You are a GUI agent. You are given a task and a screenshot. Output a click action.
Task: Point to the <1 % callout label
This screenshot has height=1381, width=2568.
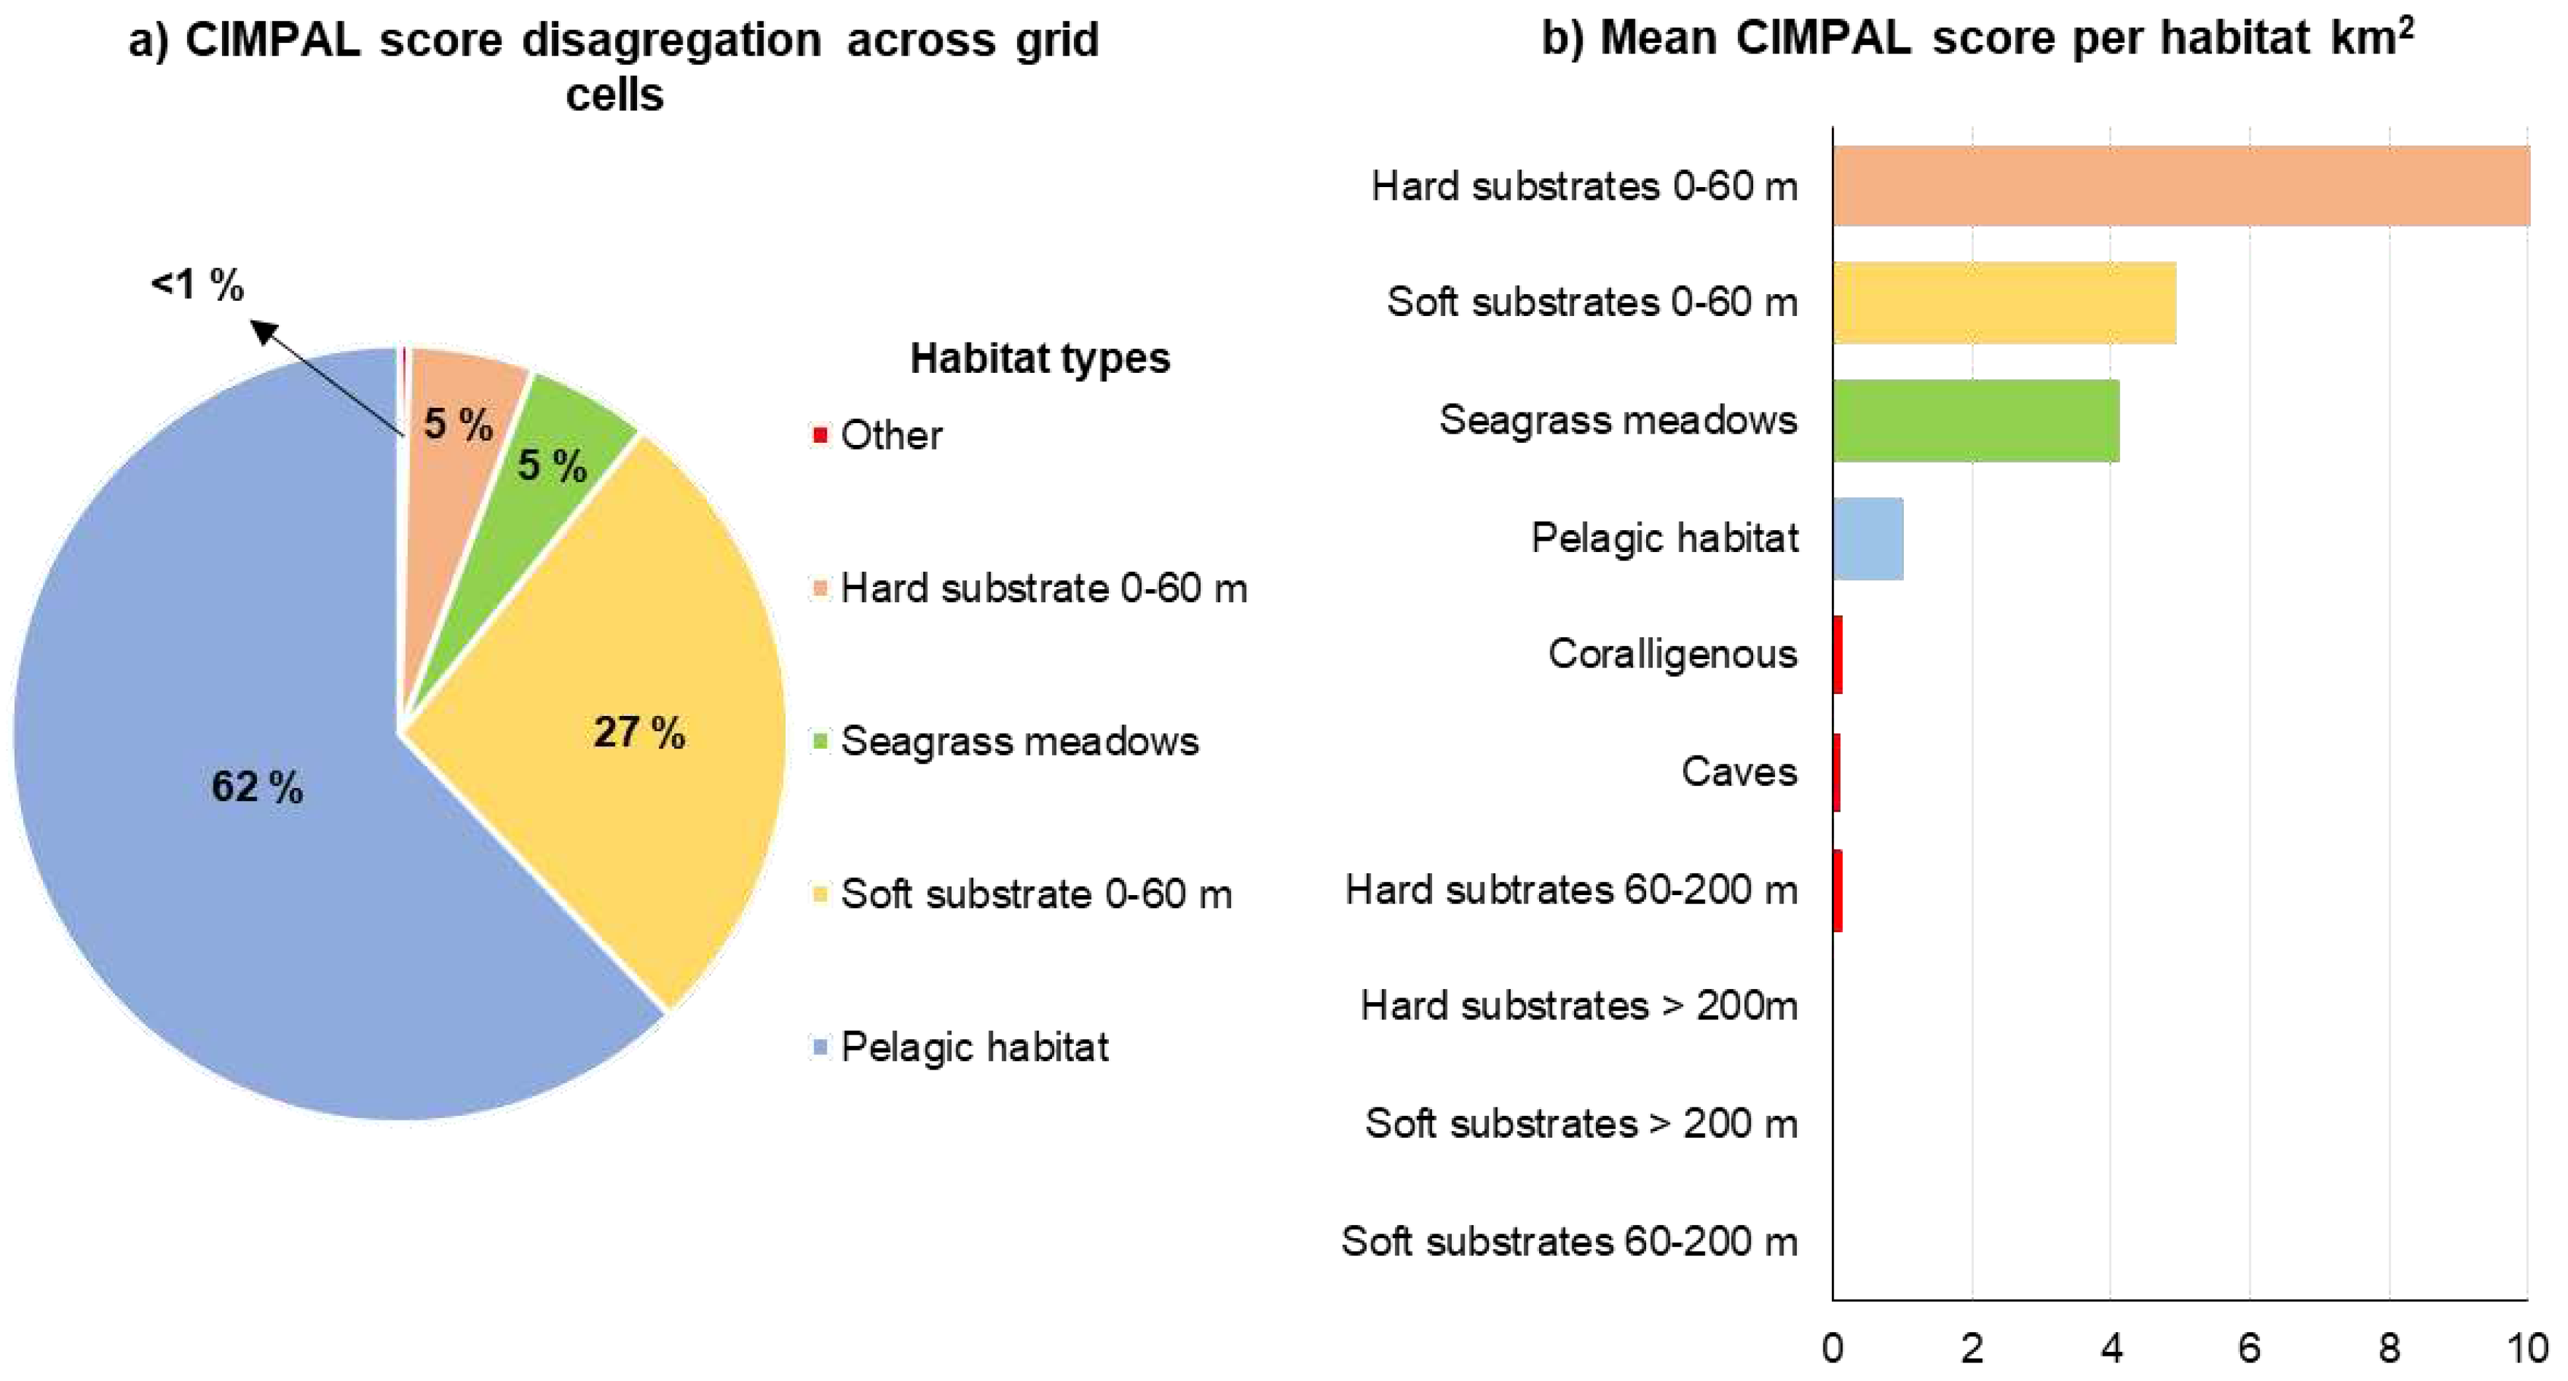pyautogui.click(x=198, y=285)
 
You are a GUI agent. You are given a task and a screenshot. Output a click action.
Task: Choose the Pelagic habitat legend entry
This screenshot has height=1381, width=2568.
pyautogui.click(x=974, y=1047)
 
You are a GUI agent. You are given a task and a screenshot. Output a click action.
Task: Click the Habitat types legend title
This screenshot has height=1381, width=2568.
pyautogui.click(x=1039, y=358)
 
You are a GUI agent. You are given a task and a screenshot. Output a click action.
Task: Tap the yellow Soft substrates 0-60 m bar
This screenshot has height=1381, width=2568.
pyautogui.click(x=2004, y=303)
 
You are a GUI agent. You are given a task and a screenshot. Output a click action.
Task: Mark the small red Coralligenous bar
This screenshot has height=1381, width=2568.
pyautogui.click(x=1837, y=655)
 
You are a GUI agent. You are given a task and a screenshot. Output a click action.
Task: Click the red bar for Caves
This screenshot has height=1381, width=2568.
pyautogui.click(x=1836, y=773)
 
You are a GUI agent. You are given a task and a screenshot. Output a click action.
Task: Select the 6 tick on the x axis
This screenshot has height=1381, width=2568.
pyautogui.click(x=2249, y=1348)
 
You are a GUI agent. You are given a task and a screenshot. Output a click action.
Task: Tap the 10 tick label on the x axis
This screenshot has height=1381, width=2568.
pyautogui.click(x=2527, y=1348)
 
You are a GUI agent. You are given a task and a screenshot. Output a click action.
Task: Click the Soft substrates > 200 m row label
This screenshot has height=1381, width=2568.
pyautogui.click(x=1581, y=1124)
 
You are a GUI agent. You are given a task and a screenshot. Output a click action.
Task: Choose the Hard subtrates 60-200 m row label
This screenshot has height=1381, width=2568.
pyautogui.click(x=1571, y=889)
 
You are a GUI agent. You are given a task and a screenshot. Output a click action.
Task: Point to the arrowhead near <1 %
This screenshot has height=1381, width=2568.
pyautogui.click(x=261, y=329)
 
